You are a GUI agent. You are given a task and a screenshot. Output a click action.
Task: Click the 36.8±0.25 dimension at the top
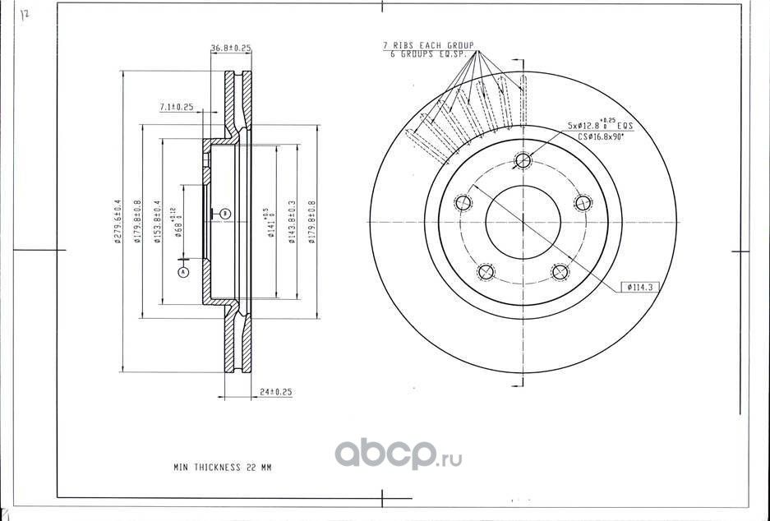(x=231, y=49)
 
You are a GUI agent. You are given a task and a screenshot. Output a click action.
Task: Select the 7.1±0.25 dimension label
(x=176, y=107)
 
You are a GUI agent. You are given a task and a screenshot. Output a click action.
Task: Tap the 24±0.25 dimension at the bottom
(x=275, y=392)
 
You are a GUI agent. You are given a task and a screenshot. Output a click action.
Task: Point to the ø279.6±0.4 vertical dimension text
(x=118, y=222)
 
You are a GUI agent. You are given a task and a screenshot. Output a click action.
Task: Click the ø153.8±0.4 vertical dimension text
(x=157, y=222)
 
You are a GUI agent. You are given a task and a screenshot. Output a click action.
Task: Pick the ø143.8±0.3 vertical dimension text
(x=291, y=222)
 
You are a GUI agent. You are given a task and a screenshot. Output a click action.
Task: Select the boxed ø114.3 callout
(x=639, y=287)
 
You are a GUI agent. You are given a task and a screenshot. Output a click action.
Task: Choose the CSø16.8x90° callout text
(x=601, y=137)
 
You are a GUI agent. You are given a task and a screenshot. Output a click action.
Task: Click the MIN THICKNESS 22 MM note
(x=222, y=467)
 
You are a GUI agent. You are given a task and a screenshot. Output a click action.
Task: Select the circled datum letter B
(x=225, y=214)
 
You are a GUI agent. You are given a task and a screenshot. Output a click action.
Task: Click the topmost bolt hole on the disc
(x=522, y=160)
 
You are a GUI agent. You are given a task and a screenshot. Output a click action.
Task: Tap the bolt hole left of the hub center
(x=463, y=202)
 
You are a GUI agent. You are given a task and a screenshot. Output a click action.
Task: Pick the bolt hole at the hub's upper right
(x=583, y=202)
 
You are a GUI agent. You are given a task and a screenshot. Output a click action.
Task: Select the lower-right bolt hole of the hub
(x=560, y=272)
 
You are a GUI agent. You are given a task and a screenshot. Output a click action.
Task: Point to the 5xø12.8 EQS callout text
(x=600, y=127)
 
